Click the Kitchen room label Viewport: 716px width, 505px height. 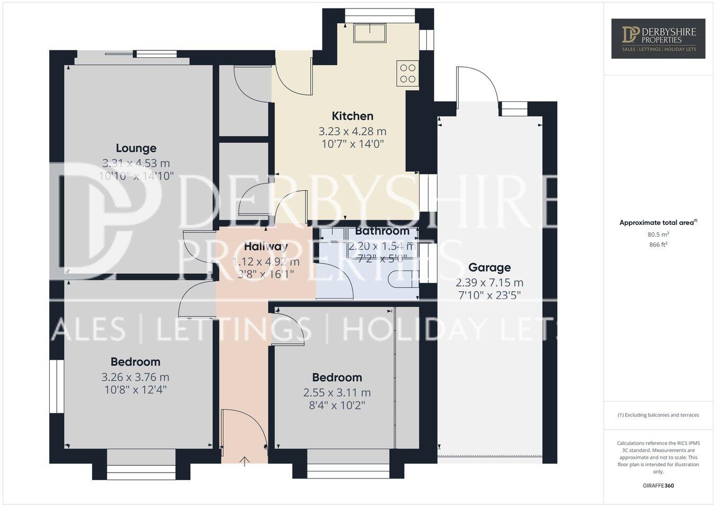coord(352,116)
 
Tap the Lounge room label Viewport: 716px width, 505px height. coord(136,148)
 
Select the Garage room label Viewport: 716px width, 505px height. coord(489,267)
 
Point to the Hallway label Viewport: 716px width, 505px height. coord(266,246)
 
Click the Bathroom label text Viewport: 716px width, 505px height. coord(382,231)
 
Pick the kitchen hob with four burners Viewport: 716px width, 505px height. coord(407,74)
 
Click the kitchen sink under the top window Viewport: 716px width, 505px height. coord(370,33)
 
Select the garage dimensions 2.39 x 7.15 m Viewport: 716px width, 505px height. coord(489,282)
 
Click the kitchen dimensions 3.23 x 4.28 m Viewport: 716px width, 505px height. coord(352,131)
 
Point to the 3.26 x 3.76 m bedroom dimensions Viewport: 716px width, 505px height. coord(135,377)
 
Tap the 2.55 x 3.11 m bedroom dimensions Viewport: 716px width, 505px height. coord(337,393)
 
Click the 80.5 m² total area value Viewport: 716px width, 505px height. coord(658,234)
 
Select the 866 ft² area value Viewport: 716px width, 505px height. coord(658,245)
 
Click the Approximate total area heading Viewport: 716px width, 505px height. coord(658,223)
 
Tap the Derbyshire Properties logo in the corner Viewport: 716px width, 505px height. coord(658,38)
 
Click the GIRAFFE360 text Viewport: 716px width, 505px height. coord(658,485)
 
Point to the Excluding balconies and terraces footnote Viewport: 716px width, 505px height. coord(658,415)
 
